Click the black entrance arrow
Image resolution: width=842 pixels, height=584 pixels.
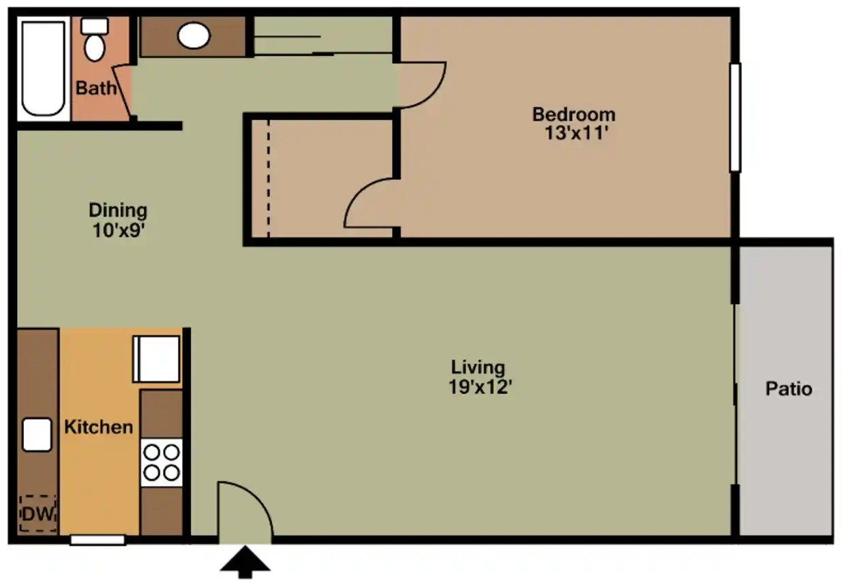coord(245,562)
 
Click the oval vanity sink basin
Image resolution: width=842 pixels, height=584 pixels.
coord(194,36)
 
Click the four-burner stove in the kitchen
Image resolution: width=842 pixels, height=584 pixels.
coord(162,462)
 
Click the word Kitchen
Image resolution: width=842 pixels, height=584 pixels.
coord(98,427)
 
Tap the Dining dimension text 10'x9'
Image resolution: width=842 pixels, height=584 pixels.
coord(117,230)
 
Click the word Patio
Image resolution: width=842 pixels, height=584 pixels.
coord(788,388)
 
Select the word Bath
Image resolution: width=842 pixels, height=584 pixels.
coord(95,88)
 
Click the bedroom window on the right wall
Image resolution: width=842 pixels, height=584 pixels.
coord(734,117)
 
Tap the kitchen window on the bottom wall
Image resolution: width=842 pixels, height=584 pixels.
coord(97,540)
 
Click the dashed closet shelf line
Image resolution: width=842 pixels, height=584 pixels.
coord(268,179)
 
